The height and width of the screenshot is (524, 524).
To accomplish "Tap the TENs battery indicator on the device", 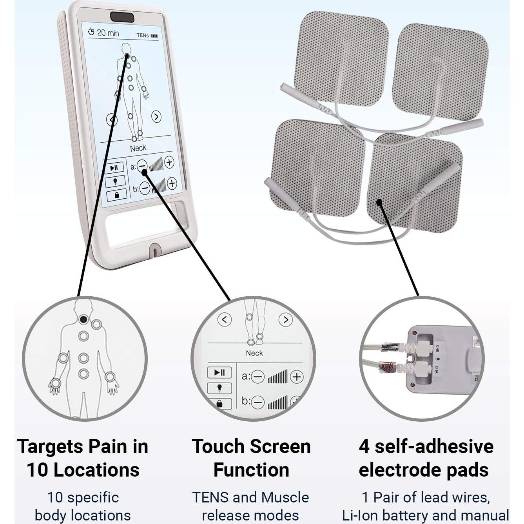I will (147, 35).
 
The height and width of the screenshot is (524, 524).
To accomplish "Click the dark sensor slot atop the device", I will (122, 17).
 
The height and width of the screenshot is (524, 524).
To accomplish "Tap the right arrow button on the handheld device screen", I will (156, 117).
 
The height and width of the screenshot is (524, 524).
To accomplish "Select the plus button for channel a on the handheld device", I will (169, 162).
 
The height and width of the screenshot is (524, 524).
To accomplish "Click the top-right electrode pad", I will (440, 71).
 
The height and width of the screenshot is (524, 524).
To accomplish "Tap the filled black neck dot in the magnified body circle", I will (83, 319).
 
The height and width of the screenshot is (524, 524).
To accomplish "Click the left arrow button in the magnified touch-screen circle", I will (224, 319).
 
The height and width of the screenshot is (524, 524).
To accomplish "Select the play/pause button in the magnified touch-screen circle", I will (219, 372).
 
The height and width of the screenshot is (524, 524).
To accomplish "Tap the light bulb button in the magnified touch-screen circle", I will (219, 388).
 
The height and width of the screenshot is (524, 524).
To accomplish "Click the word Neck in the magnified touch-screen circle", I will (254, 353).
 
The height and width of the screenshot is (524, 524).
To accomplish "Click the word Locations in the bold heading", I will (96, 470).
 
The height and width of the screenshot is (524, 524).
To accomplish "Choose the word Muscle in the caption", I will (285, 497).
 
